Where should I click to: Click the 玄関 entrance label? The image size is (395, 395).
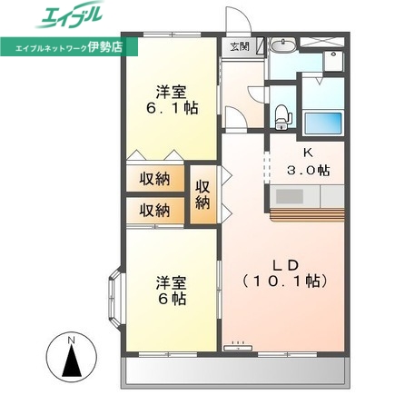tap(238, 46)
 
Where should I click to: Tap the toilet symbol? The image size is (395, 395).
tap(282, 113)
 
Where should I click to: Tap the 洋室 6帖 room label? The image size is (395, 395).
tap(171, 290)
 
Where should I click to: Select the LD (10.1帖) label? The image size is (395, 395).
tap(281, 272)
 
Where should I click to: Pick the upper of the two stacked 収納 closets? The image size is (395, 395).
tap(154, 179)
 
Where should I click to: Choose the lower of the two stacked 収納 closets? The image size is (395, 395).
tap(154, 210)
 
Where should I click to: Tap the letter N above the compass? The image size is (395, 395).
tap(71, 341)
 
